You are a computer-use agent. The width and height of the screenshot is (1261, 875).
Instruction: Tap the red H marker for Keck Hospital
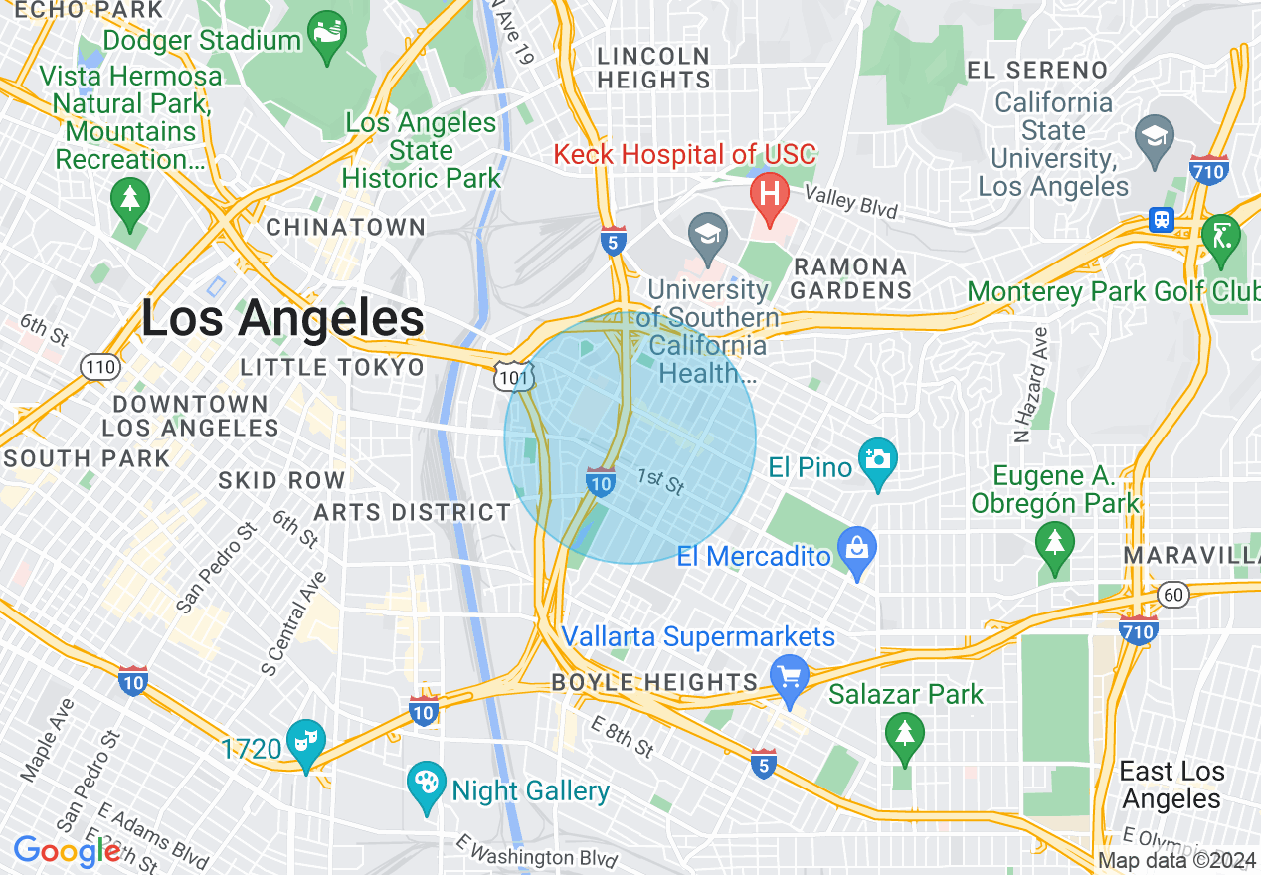[x=769, y=193]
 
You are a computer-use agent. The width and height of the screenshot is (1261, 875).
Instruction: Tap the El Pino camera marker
[x=877, y=460]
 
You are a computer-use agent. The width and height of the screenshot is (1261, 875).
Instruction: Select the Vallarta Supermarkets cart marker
[x=790, y=679]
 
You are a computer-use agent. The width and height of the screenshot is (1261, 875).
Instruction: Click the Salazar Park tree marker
[x=904, y=735]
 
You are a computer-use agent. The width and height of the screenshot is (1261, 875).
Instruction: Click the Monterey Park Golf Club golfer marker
[x=1220, y=237]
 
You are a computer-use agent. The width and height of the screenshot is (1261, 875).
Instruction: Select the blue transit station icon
[x=1161, y=219]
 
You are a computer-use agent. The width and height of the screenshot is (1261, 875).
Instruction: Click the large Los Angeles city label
[x=282, y=319]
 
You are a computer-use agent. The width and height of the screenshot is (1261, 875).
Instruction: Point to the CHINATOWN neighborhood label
[x=345, y=227]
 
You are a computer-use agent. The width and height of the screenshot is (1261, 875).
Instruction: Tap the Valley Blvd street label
[x=850, y=202]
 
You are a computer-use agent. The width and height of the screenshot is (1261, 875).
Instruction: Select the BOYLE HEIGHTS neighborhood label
[x=655, y=682]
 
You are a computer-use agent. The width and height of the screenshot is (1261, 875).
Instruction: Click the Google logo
[x=67, y=851]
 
